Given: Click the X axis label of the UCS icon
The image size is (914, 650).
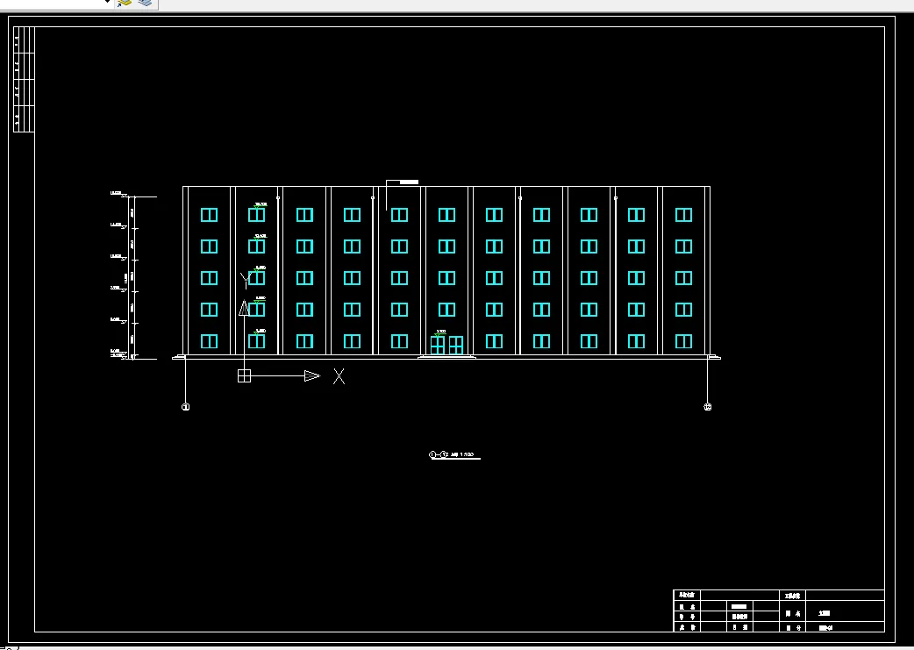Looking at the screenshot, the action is click(339, 376).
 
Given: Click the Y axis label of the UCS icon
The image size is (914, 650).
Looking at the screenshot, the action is click(245, 280).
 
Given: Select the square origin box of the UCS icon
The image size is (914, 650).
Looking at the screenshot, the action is click(244, 376).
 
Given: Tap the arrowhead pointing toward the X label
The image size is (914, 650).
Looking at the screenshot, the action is click(311, 376).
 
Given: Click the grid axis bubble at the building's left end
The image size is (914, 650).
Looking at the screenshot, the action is click(185, 407).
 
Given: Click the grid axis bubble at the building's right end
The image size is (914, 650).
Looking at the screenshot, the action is click(708, 407).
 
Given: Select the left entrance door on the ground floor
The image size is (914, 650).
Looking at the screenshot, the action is click(438, 345).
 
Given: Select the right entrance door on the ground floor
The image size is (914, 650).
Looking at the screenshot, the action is click(456, 345).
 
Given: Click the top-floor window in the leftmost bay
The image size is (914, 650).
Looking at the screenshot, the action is click(209, 215).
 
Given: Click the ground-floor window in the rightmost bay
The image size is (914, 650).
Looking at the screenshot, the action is click(683, 341).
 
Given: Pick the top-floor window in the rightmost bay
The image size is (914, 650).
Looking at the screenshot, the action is click(683, 215).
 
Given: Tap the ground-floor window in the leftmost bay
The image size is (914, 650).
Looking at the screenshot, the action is click(209, 341).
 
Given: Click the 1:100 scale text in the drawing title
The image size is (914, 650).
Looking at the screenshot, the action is click(467, 455).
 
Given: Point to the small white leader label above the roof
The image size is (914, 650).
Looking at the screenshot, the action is click(409, 182).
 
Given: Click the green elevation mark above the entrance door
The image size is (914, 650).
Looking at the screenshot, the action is click(440, 332).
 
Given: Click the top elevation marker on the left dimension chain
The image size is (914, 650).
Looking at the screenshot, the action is click(118, 194).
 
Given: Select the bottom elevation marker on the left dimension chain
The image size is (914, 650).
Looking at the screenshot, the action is click(118, 353).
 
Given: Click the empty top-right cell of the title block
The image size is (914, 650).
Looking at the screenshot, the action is click(844, 595).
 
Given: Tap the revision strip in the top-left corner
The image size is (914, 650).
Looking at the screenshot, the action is click(24, 80).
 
